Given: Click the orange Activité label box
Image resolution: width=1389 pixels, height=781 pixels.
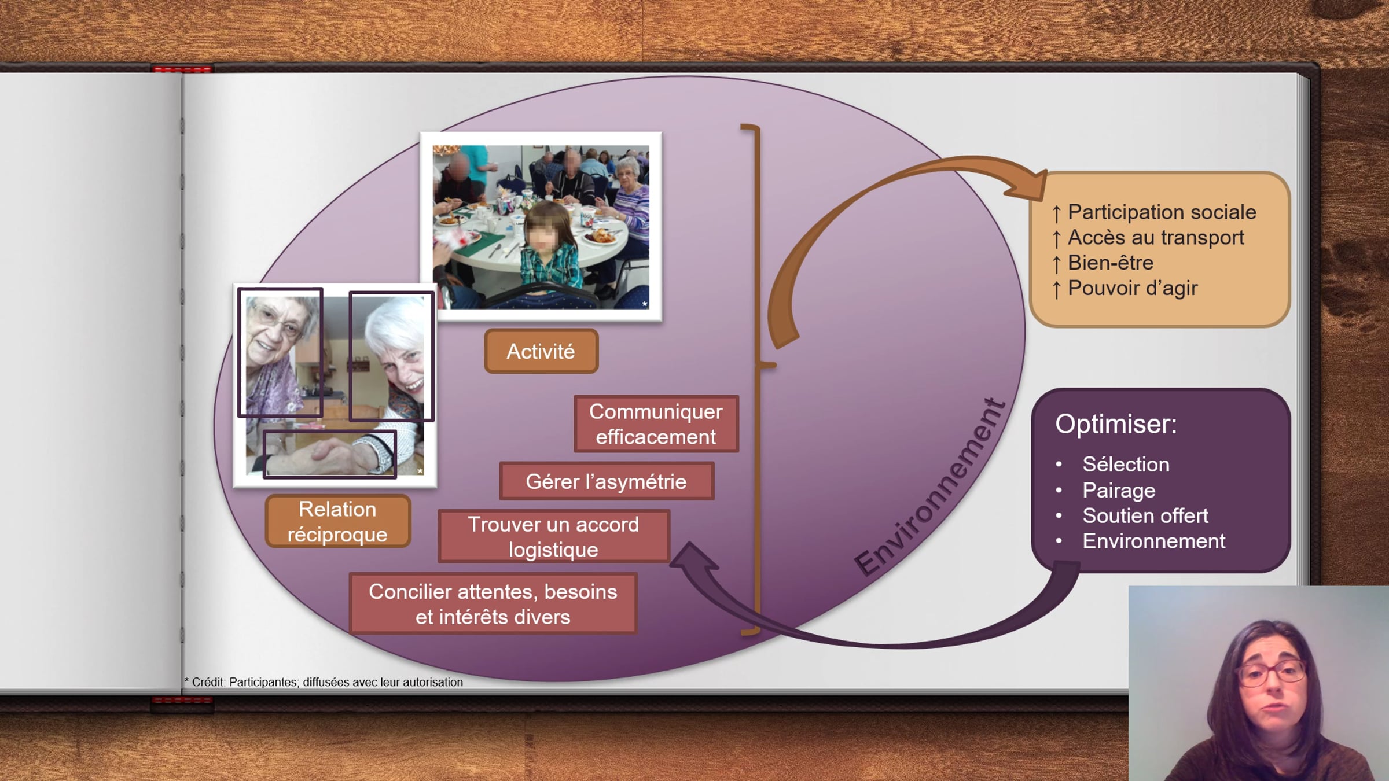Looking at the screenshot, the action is pos(541,351).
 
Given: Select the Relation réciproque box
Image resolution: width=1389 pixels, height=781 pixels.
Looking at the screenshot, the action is pos(338,521).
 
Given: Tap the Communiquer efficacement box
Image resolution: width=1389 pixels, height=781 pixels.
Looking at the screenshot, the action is pos(656,423).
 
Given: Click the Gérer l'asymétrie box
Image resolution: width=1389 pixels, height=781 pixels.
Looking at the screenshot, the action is pos(606,481).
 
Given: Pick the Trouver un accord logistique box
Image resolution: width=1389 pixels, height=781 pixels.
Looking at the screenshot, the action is pos(554,536).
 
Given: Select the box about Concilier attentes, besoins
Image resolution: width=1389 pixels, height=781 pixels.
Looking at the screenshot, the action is pos(493,603).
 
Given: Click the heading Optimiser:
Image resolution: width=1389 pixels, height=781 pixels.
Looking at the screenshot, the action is pos(1116,424).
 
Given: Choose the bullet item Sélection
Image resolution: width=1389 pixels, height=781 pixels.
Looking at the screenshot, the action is pos(1126,464).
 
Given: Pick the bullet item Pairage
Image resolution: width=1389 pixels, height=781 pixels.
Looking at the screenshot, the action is pos(1119,491).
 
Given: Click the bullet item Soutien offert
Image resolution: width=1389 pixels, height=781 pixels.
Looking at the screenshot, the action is pos(1145,515).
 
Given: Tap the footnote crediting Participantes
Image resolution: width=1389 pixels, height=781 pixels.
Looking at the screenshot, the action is pos(324,682).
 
